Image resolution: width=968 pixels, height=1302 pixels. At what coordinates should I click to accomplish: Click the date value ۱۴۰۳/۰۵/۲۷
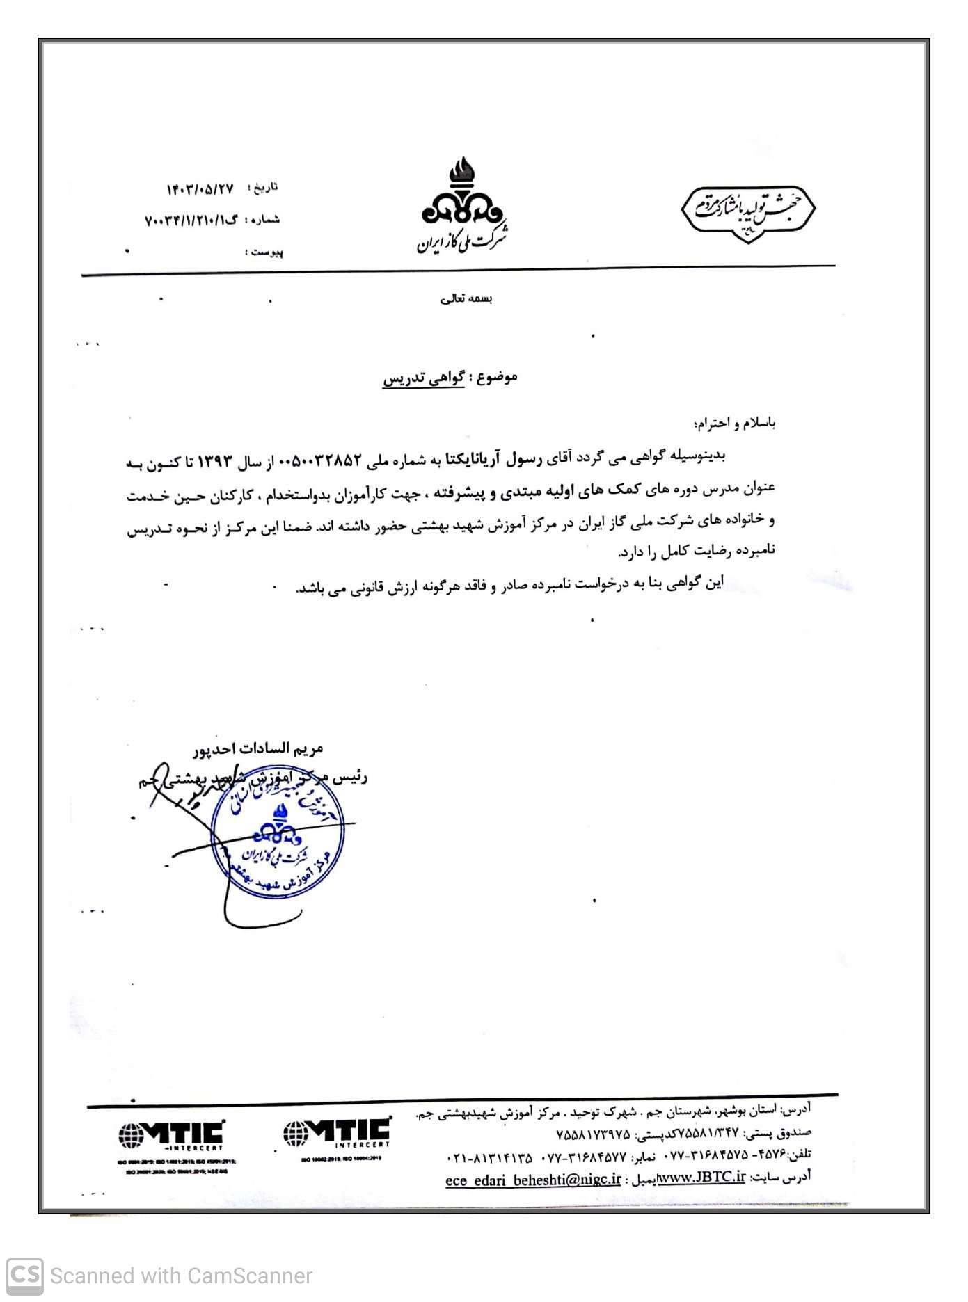click(200, 189)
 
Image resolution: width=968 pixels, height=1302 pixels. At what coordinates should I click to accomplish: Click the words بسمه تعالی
click(466, 299)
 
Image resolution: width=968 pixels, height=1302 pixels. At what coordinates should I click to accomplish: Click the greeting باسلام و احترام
click(735, 423)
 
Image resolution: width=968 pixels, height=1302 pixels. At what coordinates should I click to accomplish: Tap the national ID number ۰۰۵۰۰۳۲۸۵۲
click(321, 460)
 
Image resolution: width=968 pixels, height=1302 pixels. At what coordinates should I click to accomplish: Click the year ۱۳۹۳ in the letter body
click(215, 462)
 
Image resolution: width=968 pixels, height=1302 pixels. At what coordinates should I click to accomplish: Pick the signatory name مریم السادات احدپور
click(258, 748)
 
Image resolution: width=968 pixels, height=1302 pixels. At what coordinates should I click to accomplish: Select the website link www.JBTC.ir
click(701, 1178)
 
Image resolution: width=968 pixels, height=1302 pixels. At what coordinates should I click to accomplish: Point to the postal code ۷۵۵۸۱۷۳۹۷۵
click(593, 1134)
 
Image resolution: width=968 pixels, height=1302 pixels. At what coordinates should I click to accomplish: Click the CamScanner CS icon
click(25, 1276)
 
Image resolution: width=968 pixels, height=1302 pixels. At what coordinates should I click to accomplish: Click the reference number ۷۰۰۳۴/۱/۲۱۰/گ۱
click(191, 220)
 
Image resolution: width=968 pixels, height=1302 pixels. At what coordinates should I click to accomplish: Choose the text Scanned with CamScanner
click(181, 1276)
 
